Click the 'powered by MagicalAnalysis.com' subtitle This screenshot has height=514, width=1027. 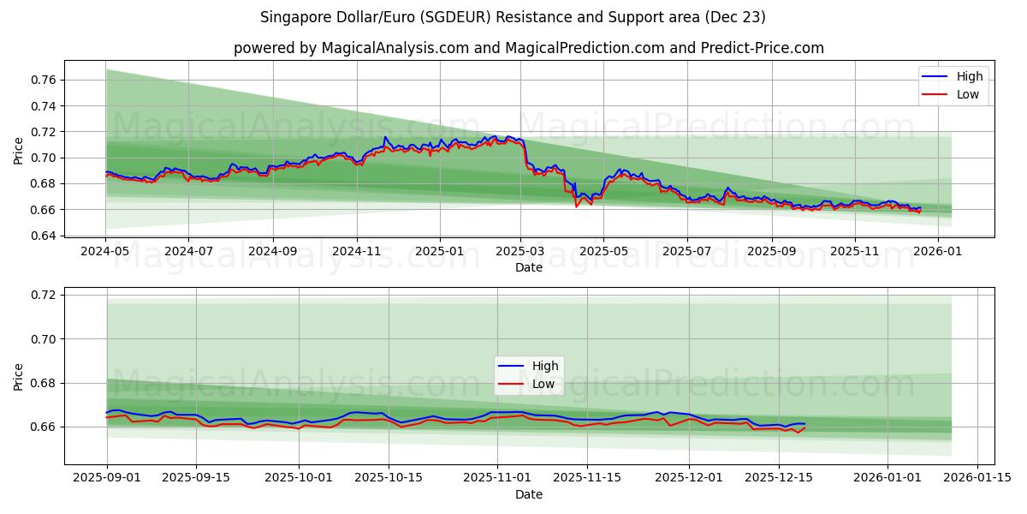pyautogui.click(x=529, y=48)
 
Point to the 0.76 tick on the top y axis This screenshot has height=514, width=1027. pyautogui.click(x=44, y=80)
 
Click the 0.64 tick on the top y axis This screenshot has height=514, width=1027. pyautogui.click(x=44, y=236)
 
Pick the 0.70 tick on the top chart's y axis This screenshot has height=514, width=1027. pyautogui.click(x=44, y=158)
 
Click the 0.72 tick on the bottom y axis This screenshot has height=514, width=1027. pyautogui.click(x=44, y=295)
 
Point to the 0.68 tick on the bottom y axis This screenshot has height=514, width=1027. pyautogui.click(x=44, y=383)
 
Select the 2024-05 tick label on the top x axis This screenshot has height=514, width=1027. pyautogui.click(x=105, y=252)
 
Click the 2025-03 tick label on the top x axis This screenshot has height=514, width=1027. pyautogui.click(x=520, y=252)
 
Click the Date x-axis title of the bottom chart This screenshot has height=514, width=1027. pyautogui.click(x=529, y=494)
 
